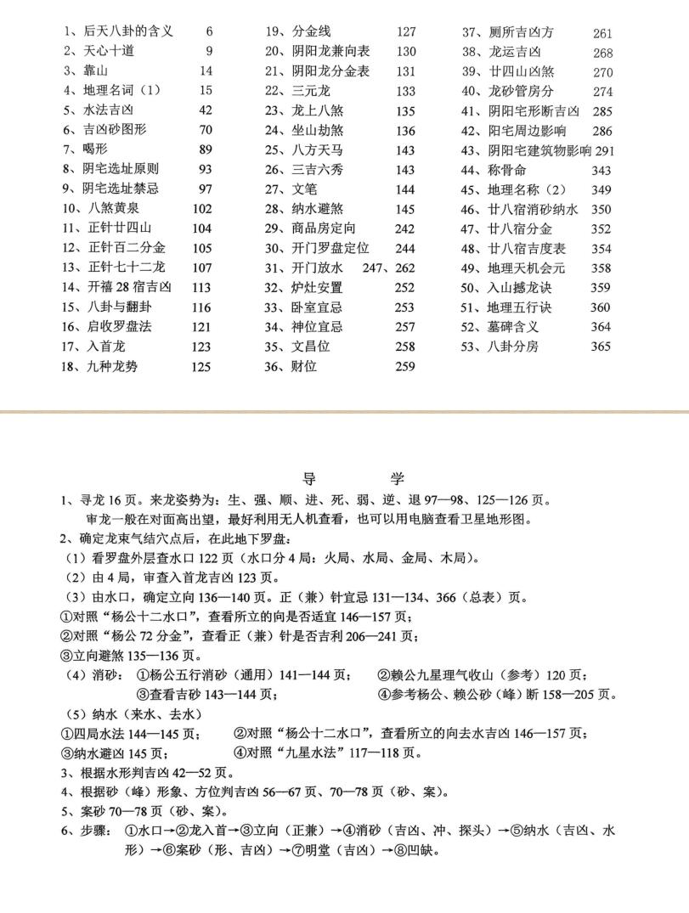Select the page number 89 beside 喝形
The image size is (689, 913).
point(205,149)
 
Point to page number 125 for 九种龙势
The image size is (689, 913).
point(201,367)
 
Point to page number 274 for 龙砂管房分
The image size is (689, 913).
point(602,92)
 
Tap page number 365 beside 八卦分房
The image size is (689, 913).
point(601,347)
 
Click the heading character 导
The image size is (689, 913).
point(309,479)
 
